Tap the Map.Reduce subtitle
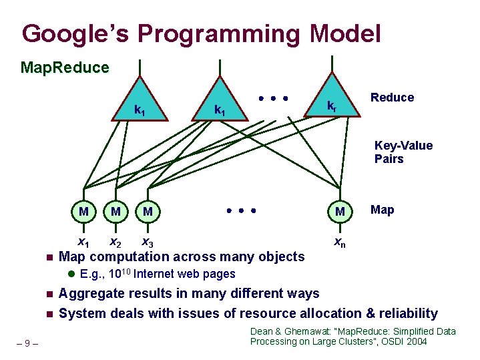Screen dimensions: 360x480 click(65, 67)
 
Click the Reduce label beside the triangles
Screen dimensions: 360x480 click(392, 98)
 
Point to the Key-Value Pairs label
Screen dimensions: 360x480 click(403, 152)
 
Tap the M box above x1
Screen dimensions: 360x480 click(83, 212)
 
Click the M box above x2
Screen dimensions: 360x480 click(115, 212)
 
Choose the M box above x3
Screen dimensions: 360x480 click(148, 212)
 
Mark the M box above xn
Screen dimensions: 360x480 click(340, 212)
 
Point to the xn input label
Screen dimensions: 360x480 click(340, 241)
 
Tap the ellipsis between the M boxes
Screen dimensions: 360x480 click(241, 210)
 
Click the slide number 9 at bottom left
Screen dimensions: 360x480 click(26, 343)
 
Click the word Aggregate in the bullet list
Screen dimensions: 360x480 click(89, 293)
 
